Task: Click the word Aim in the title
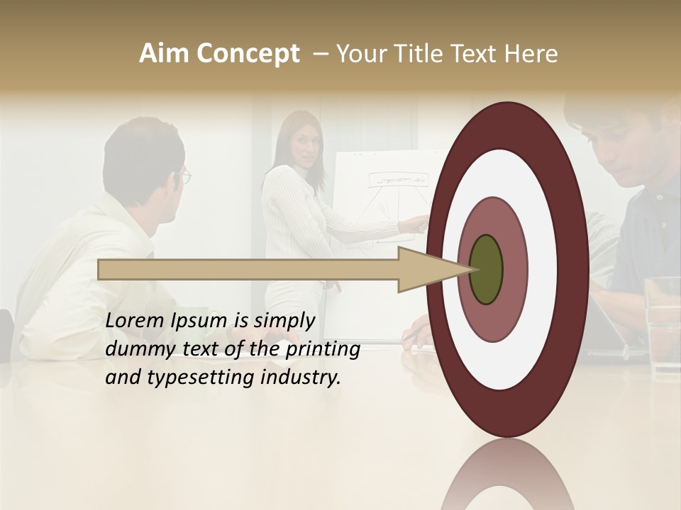point(165,54)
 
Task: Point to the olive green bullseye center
point(486,270)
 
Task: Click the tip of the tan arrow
point(472,269)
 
